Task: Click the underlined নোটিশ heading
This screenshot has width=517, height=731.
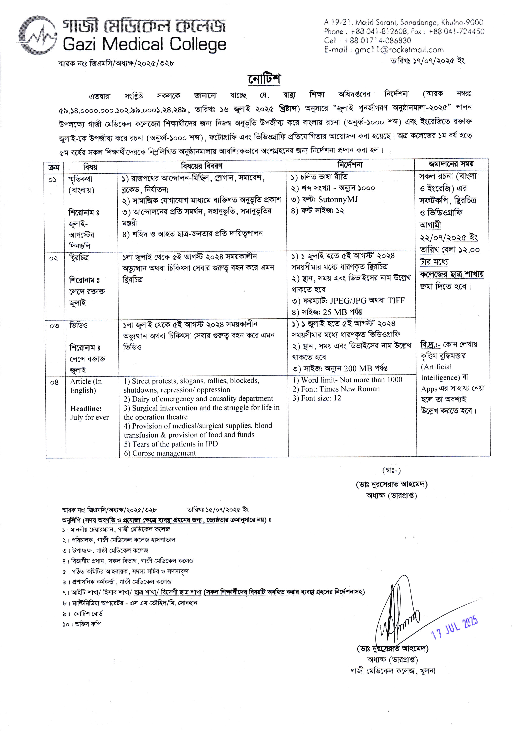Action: point(265,79)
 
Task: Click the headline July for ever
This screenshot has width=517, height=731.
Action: point(89,417)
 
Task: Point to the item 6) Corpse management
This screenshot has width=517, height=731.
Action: point(160,453)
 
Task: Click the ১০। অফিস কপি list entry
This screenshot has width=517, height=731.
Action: point(82,624)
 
